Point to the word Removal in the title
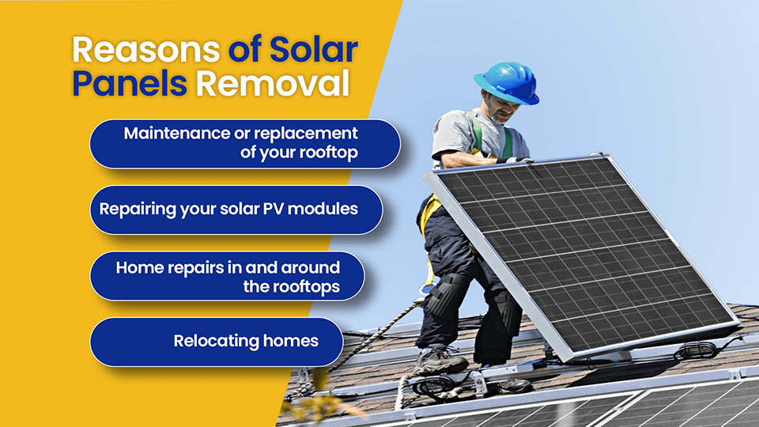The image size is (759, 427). point(272,84)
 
